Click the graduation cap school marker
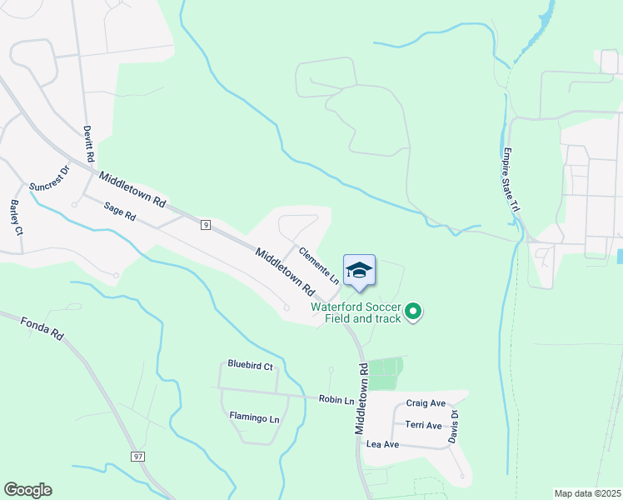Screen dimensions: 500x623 click(x=359, y=270)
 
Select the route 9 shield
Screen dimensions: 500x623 click(x=204, y=224)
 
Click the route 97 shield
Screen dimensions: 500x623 click(x=138, y=456)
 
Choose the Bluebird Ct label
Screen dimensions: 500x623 click(x=250, y=365)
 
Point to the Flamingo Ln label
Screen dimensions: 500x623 click(x=254, y=417)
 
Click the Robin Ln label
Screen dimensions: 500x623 click(x=336, y=400)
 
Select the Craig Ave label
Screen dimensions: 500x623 click(x=426, y=403)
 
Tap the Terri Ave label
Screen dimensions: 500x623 click(x=423, y=425)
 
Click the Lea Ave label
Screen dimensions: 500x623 click(x=383, y=445)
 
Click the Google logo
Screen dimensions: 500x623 click(x=28, y=490)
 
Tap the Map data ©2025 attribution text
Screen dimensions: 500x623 click(x=587, y=493)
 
